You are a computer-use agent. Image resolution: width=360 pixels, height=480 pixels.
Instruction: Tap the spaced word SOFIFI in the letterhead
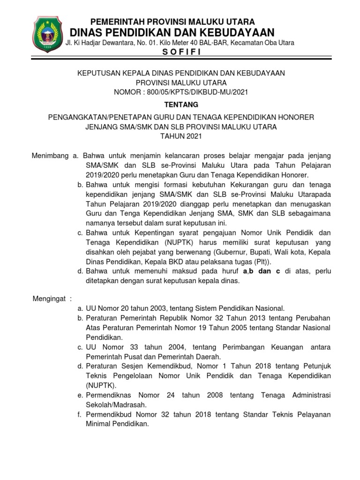click(x=181, y=52)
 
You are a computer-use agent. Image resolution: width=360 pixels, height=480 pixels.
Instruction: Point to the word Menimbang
click(x=50, y=155)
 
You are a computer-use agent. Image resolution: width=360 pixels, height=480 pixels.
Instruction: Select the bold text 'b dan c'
click(x=264, y=271)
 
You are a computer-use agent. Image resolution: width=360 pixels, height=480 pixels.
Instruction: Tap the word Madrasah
click(x=133, y=405)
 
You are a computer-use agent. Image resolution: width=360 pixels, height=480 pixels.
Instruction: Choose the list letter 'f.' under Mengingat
click(x=80, y=414)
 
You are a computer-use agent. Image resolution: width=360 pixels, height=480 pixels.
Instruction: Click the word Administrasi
click(x=307, y=395)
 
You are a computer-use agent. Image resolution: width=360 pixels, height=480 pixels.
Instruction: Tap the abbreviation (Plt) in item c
click(x=266, y=262)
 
